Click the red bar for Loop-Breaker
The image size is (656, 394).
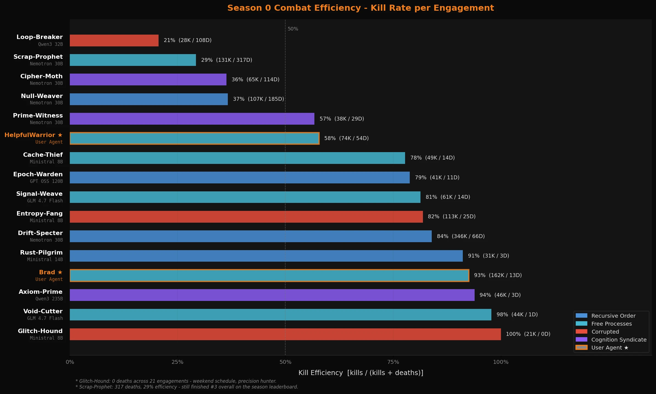tap(114, 40)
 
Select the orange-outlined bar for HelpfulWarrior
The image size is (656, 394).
tap(194, 138)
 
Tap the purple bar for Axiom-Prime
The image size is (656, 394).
tap(272, 295)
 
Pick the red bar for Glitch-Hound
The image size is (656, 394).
tap(285, 334)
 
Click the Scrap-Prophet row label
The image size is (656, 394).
tap(38, 57)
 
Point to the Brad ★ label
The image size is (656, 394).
tap(51, 272)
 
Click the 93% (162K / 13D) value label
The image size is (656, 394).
tap(498, 275)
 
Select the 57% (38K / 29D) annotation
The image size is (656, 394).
tap(342, 119)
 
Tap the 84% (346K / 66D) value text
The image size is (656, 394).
tap(461, 236)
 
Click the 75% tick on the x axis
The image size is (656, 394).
tap(393, 362)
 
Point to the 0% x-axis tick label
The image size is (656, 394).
tap(70, 362)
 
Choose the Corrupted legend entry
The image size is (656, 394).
tap(605, 332)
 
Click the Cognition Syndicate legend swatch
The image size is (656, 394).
tap(581, 340)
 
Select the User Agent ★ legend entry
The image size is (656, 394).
tap(610, 348)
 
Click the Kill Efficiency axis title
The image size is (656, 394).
tap(361, 373)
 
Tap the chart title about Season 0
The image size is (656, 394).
tap(361, 8)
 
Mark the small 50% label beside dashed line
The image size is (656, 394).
tap(293, 29)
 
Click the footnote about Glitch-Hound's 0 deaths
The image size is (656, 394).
tap(176, 381)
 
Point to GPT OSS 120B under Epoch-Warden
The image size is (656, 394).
tap(46, 181)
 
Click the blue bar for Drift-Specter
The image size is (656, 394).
tap(250, 236)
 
